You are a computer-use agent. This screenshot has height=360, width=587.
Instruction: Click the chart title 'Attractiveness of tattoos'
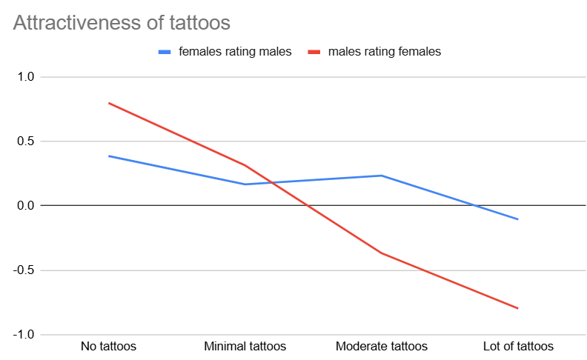[122, 22]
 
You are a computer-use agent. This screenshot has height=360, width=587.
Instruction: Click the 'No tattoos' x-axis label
[108, 346]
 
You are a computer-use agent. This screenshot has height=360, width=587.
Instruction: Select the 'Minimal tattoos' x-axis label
[245, 346]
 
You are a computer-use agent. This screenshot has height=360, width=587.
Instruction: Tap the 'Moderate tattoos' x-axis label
[382, 346]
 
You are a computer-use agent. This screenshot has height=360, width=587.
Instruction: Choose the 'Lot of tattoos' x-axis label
[518, 346]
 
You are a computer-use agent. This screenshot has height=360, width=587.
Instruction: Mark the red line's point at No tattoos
[109, 103]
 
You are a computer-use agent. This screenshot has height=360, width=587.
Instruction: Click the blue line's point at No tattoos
[109, 156]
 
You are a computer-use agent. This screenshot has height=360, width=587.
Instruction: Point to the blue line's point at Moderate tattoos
[382, 176]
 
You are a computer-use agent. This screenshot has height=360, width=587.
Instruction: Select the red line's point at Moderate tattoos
[382, 253]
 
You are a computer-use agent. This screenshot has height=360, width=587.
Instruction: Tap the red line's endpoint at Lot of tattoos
[517, 308]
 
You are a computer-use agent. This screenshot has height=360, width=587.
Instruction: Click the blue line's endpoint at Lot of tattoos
[517, 219]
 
